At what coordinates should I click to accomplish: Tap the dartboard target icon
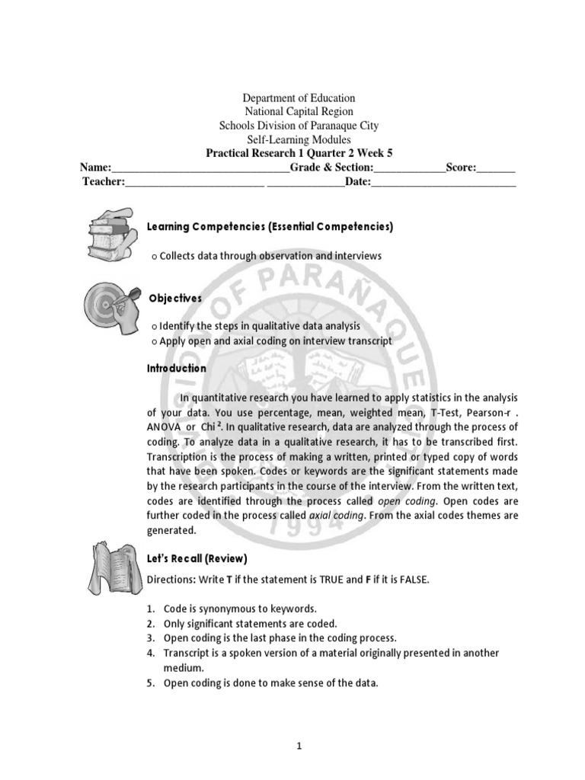pyautogui.click(x=111, y=306)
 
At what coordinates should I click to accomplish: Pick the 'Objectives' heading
pyautogui.click(x=174, y=299)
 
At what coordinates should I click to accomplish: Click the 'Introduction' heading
pyautogui.click(x=176, y=368)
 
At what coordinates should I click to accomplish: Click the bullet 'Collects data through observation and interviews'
pyautogui.click(x=267, y=257)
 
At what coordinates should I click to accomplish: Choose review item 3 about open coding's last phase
pyautogui.click(x=274, y=638)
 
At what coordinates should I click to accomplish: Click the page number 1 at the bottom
pyautogui.click(x=299, y=746)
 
